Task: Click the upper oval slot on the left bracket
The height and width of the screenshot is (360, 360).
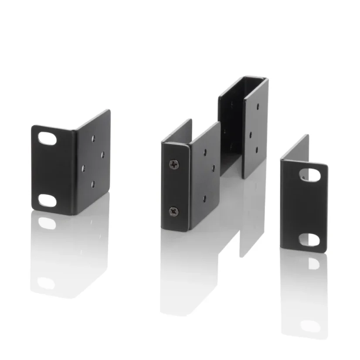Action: tap(47, 139)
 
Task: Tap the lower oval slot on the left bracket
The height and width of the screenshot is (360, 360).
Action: tap(47, 200)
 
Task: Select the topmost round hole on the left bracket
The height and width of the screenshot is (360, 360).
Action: tap(93, 139)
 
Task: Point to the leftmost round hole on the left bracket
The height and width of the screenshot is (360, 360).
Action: tap(83, 168)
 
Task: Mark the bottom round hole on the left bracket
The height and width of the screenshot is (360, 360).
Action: tap(93, 184)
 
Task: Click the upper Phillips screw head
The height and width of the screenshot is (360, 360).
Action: tap(174, 164)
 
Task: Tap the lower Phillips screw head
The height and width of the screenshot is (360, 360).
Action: tap(173, 212)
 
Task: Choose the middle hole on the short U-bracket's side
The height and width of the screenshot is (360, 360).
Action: tap(213, 168)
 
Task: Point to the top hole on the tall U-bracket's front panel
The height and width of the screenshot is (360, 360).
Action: tap(258, 106)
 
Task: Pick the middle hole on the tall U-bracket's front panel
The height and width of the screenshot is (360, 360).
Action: tap(250, 134)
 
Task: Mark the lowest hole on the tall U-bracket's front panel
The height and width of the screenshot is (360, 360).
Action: tap(257, 149)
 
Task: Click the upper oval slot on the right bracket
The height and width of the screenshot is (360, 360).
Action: tap(310, 175)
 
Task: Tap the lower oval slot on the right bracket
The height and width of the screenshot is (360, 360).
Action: tap(310, 239)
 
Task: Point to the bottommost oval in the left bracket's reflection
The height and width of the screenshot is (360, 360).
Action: tap(46, 282)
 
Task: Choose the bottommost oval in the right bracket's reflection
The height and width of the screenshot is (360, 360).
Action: tap(310, 326)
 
